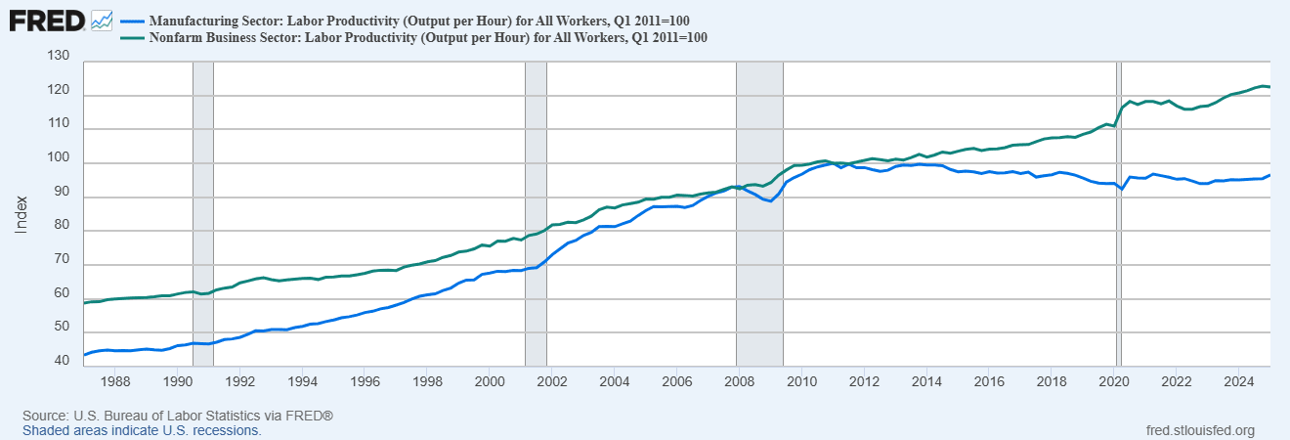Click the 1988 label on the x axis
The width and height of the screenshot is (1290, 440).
click(115, 380)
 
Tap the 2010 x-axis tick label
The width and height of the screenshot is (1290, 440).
click(801, 380)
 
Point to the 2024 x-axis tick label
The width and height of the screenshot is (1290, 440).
click(1238, 380)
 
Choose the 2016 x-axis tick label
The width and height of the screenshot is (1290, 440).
click(989, 380)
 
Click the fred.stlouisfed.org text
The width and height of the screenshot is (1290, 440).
click(1198, 430)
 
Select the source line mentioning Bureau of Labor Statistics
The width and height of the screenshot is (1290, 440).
click(178, 416)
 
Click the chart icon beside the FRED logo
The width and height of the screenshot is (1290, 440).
click(101, 20)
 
